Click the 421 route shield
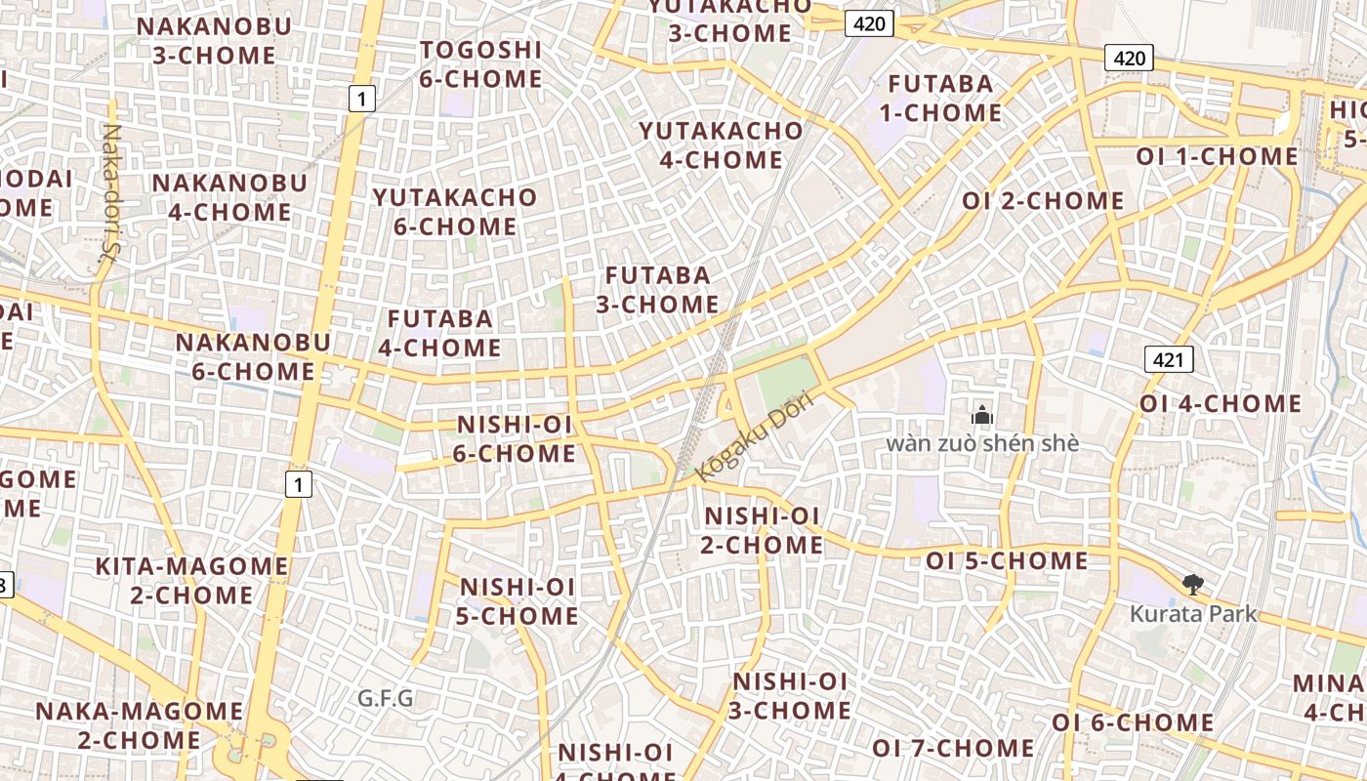pos(1168,360)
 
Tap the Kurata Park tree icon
pos(1191,585)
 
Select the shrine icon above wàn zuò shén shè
pos(982,416)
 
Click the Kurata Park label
pos(1193,614)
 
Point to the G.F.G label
pos(386,698)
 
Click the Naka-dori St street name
pos(110,192)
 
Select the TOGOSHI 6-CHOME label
pos(480,64)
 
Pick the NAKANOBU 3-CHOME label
pos(214,41)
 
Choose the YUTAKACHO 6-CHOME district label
pos(455,212)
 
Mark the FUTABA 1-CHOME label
pos(940,99)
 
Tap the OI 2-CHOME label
pos(1043,201)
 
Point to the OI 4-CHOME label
pos(1221,403)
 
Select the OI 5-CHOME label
pos(1007,560)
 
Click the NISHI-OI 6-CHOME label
pos(515,438)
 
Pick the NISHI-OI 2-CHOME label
pos(763,530)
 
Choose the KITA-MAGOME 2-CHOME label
pos(191,581)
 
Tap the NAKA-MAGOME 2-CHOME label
pos(140,725)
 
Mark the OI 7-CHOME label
pos(953,748)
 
